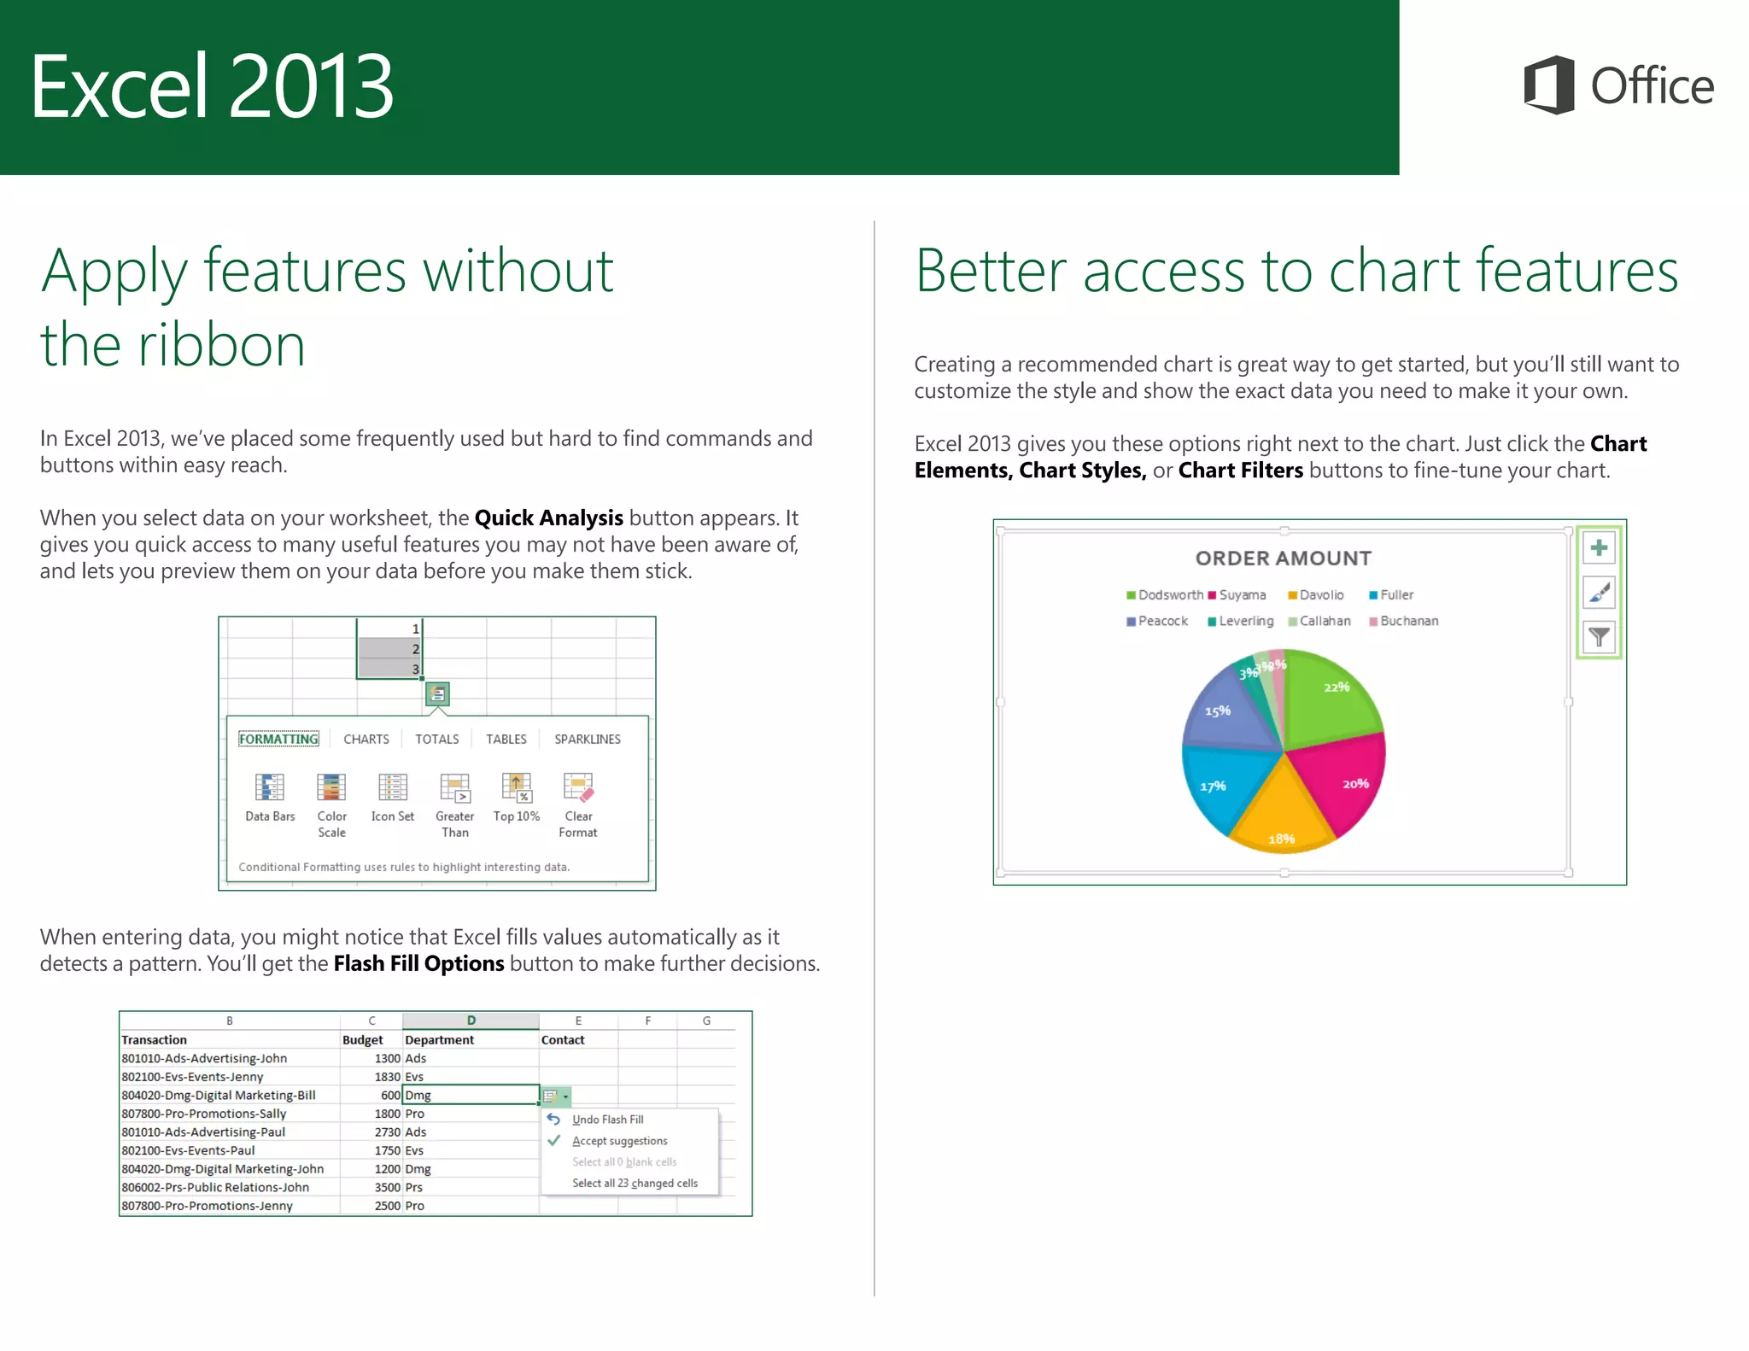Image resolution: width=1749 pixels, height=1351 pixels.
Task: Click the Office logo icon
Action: pos(1549,85)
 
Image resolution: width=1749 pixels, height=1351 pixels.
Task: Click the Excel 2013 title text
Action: pos(212,85)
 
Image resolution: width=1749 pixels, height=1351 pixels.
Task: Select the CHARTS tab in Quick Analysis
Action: pos(366,739)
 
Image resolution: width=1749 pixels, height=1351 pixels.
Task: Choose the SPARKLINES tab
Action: pos(588,739)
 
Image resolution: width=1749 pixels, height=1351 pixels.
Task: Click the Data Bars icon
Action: pos(270,787)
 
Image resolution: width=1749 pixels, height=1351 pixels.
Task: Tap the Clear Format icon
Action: pos(578,787)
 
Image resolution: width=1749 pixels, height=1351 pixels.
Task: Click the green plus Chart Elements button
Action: pos(1599,547)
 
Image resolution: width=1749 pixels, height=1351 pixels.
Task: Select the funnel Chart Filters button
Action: pos(1599,637)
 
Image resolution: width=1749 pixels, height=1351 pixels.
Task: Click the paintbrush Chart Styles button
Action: pos(1599,592)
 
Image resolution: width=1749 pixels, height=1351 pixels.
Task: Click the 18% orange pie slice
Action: pos(1281,811)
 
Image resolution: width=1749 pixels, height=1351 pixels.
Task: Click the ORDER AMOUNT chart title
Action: pos(1283,559)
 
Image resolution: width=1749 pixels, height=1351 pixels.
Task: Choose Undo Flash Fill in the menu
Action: pos(608,1120)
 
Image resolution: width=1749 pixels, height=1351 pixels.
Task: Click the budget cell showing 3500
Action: pos(387,1187)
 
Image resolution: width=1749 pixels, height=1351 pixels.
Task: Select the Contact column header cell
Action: pos(563,1039)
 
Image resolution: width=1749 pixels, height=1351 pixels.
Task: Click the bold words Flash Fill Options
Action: pos(418,963)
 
